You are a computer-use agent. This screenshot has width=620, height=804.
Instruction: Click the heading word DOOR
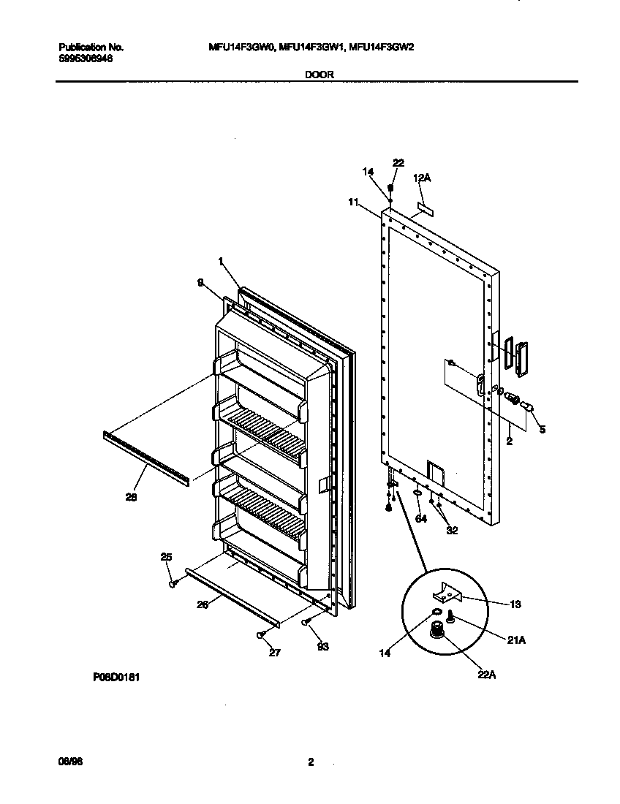point(316,75)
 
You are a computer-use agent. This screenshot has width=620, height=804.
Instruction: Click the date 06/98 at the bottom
point(69,762)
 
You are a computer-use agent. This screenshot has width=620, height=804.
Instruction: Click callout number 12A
point(422,178)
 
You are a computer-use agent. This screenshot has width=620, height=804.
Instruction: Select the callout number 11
point(353,202)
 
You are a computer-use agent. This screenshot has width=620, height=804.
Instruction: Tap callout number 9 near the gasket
point(199,287)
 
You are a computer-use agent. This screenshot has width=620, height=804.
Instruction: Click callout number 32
point(452,531)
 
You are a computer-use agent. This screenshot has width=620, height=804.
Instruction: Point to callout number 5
point(542,430)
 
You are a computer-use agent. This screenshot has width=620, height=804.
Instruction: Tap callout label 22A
point(487,675)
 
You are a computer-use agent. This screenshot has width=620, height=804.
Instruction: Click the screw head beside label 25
point(174,583)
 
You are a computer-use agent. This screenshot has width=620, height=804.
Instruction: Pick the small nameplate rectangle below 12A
point(424,209)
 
